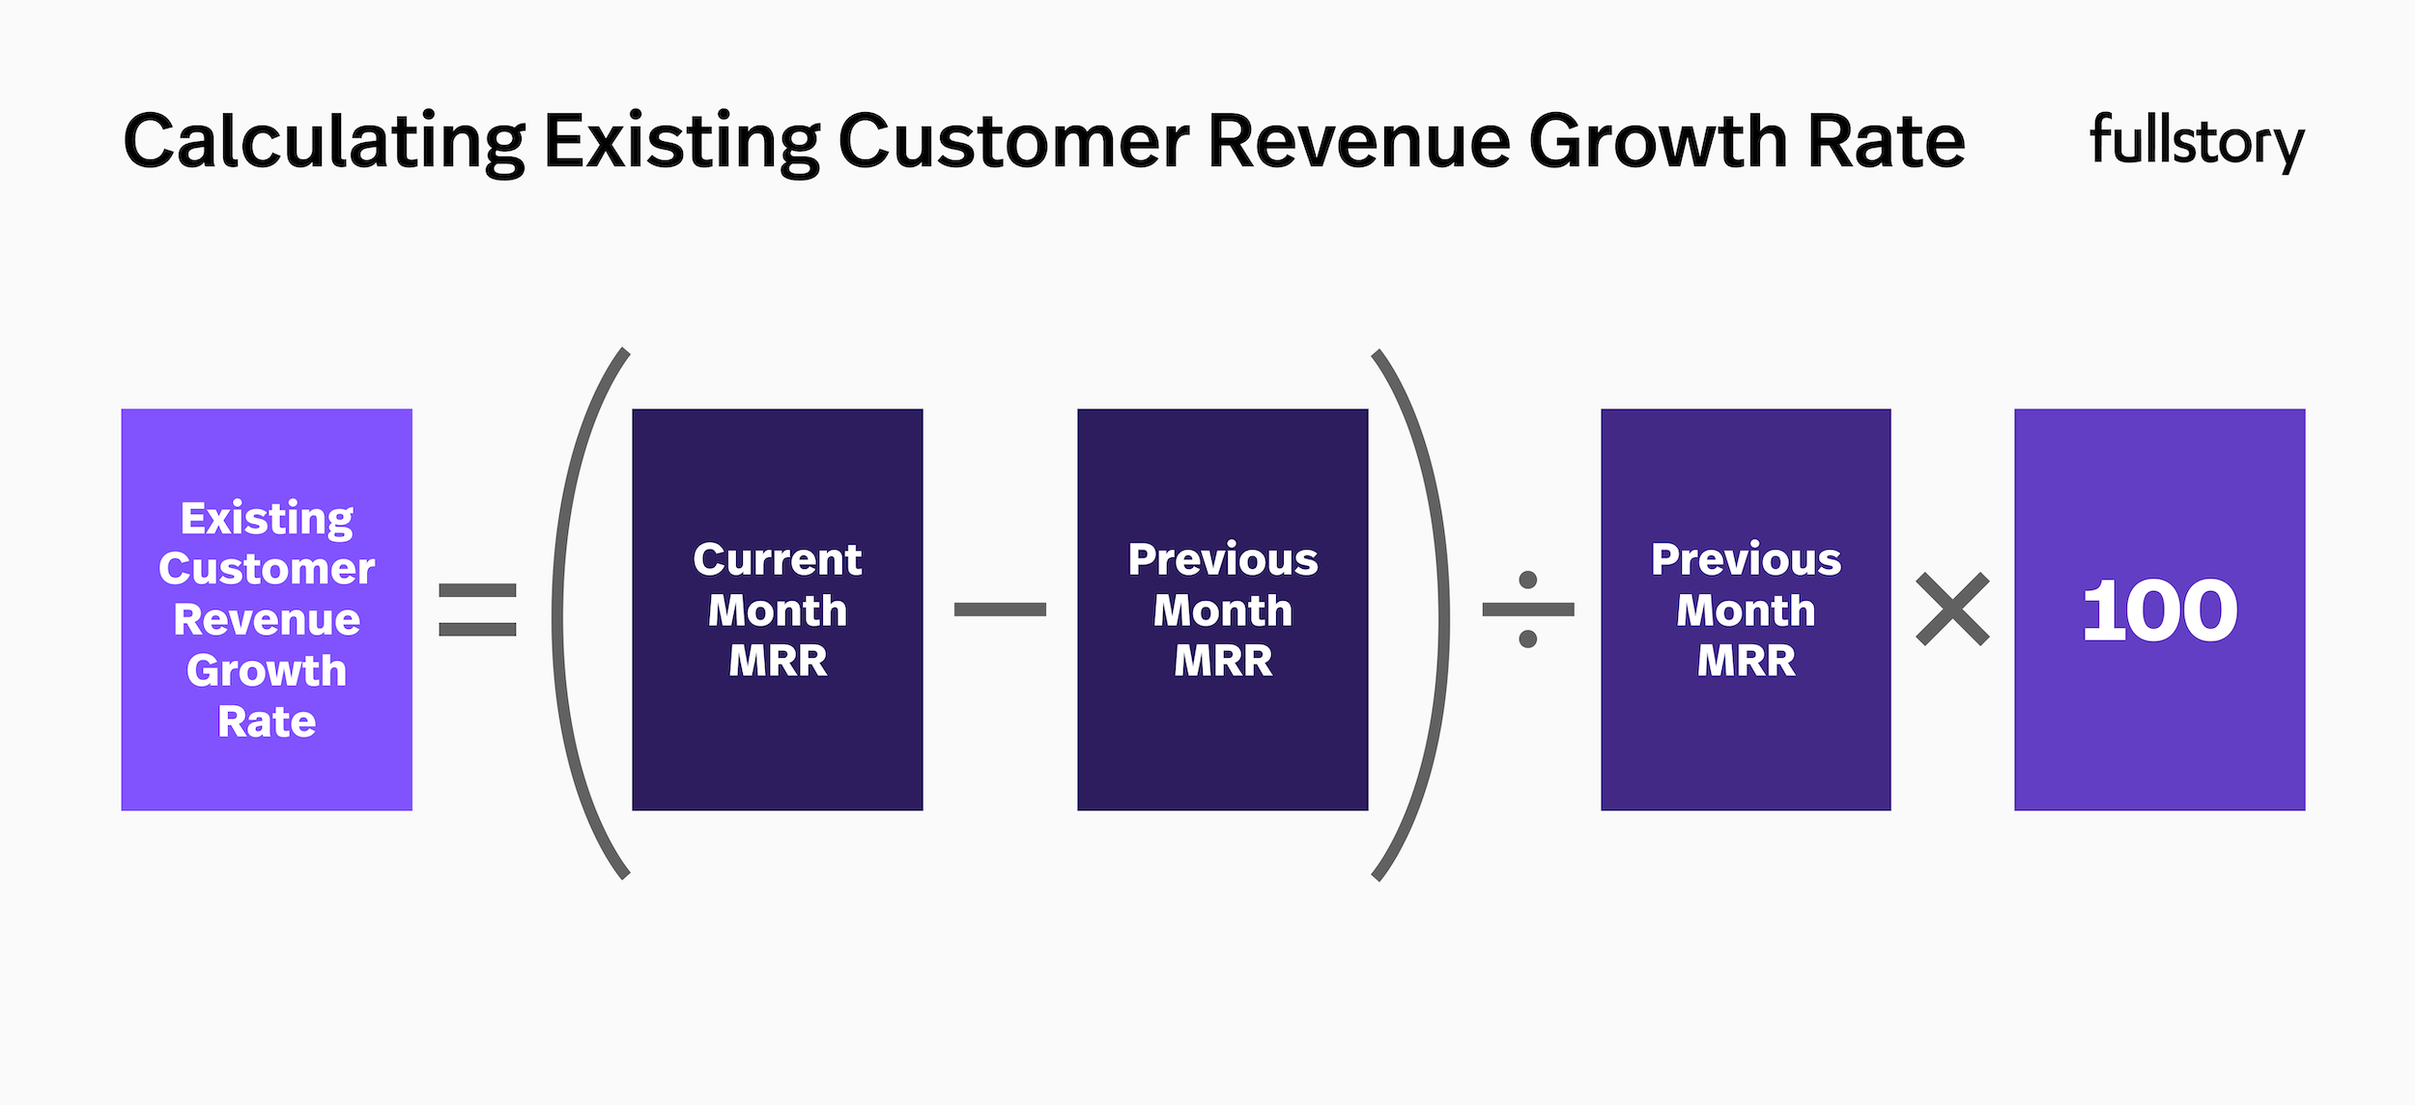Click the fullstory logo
coord(2197,142)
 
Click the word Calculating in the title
coord(324,142)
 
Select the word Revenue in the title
coord(1358,142)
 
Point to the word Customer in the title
coord(1013,142)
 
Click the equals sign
coord(477,609)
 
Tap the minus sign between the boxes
coord(1000,609)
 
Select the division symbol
coord(1528,609)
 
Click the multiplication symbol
coord(1952,609)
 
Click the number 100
coord(2159,610)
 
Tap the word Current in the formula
coord(777,559)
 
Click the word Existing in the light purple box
coord(267,519)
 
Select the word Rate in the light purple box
coord(267,722)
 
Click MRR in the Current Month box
coord(778,661)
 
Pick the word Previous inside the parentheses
coord(1222,559)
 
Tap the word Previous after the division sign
coord(1746,559)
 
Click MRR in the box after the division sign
coord(1746,661)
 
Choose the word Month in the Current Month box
coord(778,610)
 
